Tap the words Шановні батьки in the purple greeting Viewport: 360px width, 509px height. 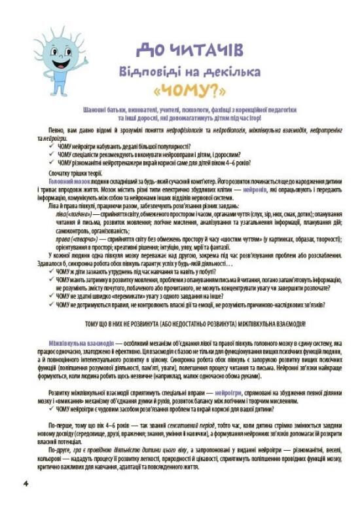pos(102,109)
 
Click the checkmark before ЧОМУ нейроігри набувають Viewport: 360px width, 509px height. pos(51,146)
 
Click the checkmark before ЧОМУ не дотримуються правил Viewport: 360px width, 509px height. pos(51,303)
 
